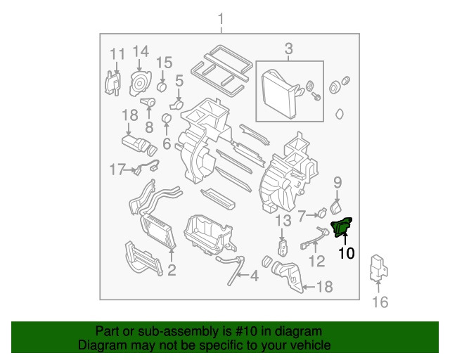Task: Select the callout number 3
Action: tap(288, 49)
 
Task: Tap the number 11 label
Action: tap(117, 53)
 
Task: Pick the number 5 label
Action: tap(179, 81)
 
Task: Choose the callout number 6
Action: tap(167, 143)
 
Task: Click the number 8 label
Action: tap(148, 127)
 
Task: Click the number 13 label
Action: tap(282, 221)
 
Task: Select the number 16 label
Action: tap(380, 302)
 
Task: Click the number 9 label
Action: tap(337, 183)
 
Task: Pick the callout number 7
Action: tap(301, 214)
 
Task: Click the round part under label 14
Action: tap(140, 84)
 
